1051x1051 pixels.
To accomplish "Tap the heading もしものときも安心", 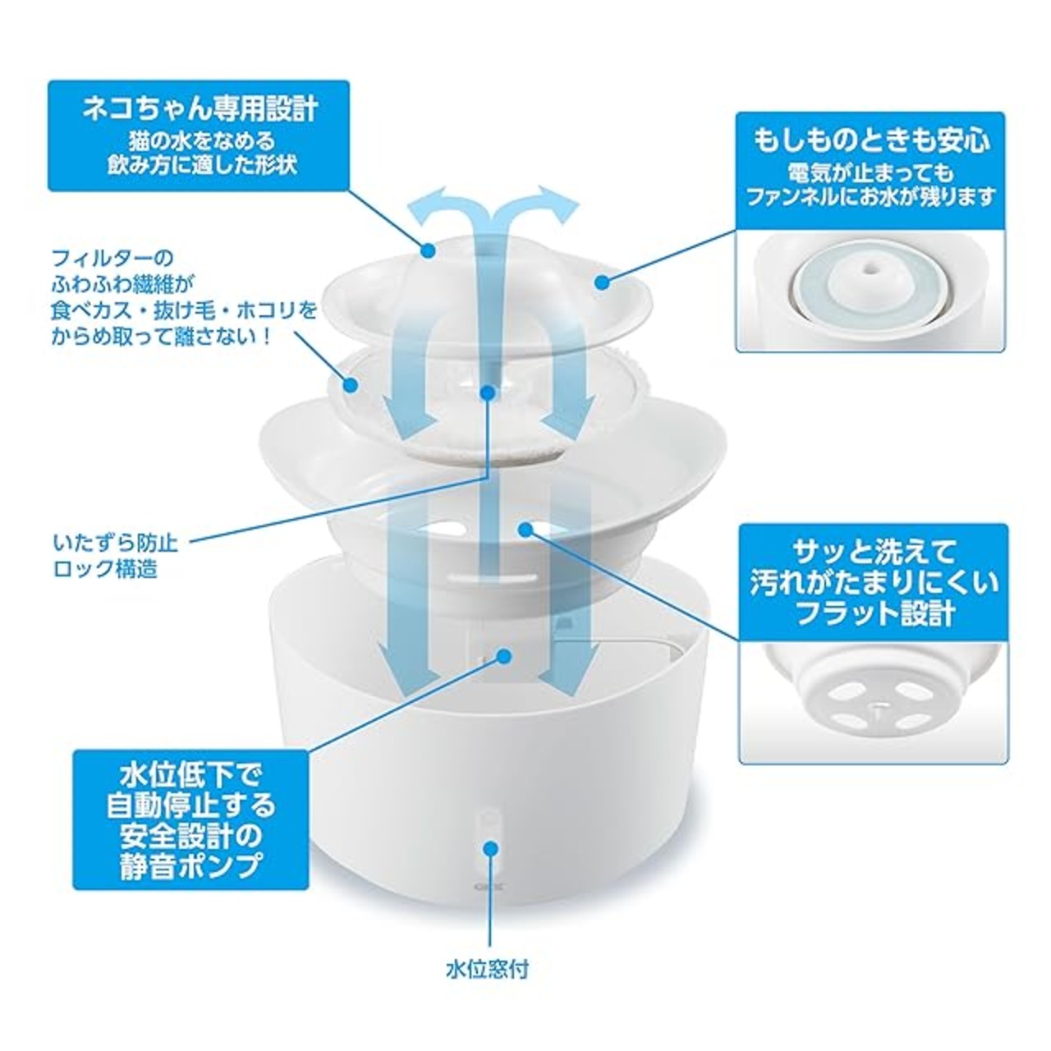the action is [872, 140].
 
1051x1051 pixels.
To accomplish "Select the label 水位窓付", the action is [488, 970].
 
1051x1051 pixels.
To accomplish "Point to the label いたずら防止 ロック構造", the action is [116, 555].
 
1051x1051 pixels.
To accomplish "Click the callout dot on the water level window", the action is [492, 847].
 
